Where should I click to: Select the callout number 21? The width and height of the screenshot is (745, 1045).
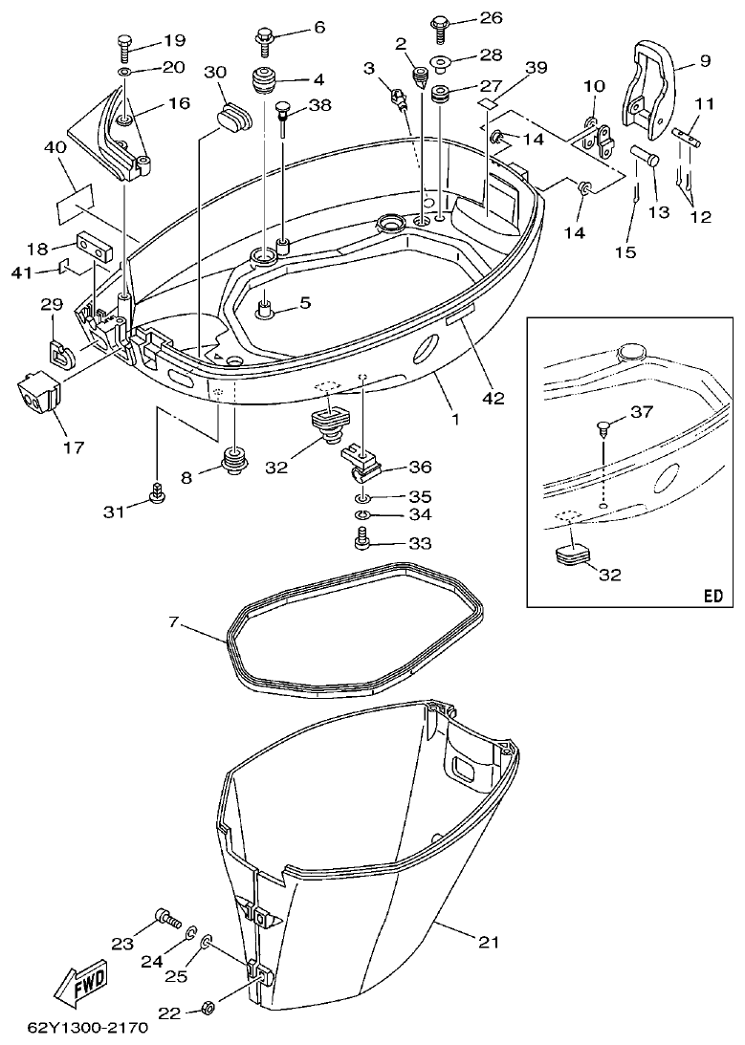coord(489,943)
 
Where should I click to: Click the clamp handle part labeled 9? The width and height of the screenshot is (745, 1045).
coord(653,88)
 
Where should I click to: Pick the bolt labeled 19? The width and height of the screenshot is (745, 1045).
coord(127,43)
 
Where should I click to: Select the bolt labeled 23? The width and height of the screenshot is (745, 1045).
coord(167,919)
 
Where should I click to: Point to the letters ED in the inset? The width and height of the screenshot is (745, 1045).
coord(712,595)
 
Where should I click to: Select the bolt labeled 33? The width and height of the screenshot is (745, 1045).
coord(363,542)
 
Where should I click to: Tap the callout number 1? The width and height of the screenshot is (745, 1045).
coord(455,419)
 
